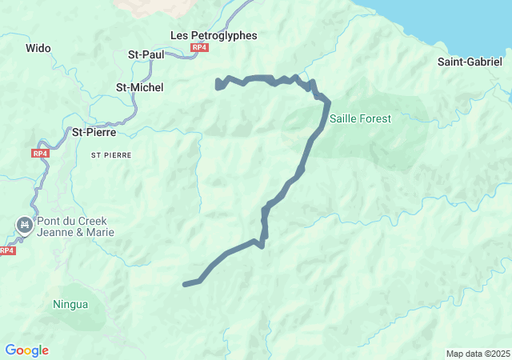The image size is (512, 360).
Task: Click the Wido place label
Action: click(x=38, y=49)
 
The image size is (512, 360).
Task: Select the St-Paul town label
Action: click(x=146, y=54)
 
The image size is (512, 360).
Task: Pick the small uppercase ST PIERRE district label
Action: click(x=111, y=154)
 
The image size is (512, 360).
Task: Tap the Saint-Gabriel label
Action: click(x=470, y=62)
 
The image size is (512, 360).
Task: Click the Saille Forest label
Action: click(x=361, y=118)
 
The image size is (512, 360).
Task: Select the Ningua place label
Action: click(x=70, y=304)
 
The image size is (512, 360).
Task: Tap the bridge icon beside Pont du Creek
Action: click(x=25, y=225)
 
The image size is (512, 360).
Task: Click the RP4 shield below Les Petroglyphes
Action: click(x=199, y=48)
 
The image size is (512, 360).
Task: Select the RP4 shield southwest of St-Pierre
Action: click(x=41, y=153)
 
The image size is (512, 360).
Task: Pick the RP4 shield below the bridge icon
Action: click(x=6, y=250)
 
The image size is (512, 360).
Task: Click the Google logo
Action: click(x=26, y=350)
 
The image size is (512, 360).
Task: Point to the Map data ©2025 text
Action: click(x=477, y=354)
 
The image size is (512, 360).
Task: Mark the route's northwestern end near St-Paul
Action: click(x=218, y=83)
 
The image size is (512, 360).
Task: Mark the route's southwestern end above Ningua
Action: click(x=186, y=284)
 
